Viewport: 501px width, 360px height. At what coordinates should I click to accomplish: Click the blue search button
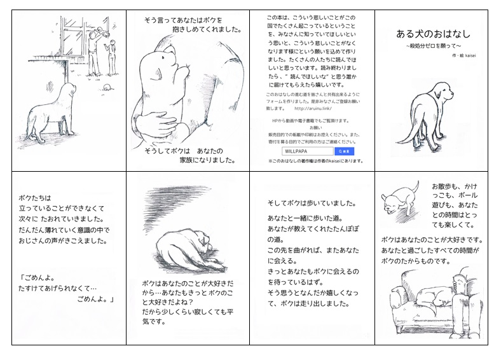344,151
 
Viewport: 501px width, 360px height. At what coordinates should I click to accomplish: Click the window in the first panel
75,38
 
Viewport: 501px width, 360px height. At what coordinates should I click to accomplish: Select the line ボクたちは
35,197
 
